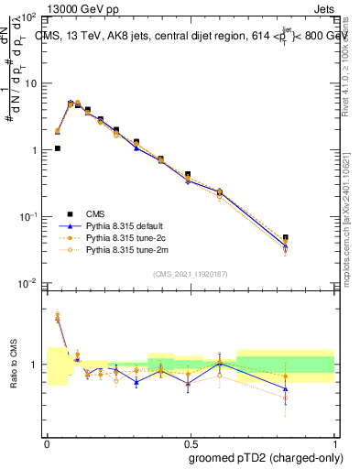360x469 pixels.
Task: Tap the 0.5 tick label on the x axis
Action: click(191, 442)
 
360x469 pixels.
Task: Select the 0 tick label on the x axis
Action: click(47, 442)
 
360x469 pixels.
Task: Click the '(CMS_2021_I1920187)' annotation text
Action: click(191, 273)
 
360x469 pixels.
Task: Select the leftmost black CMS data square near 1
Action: click(58, 147)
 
